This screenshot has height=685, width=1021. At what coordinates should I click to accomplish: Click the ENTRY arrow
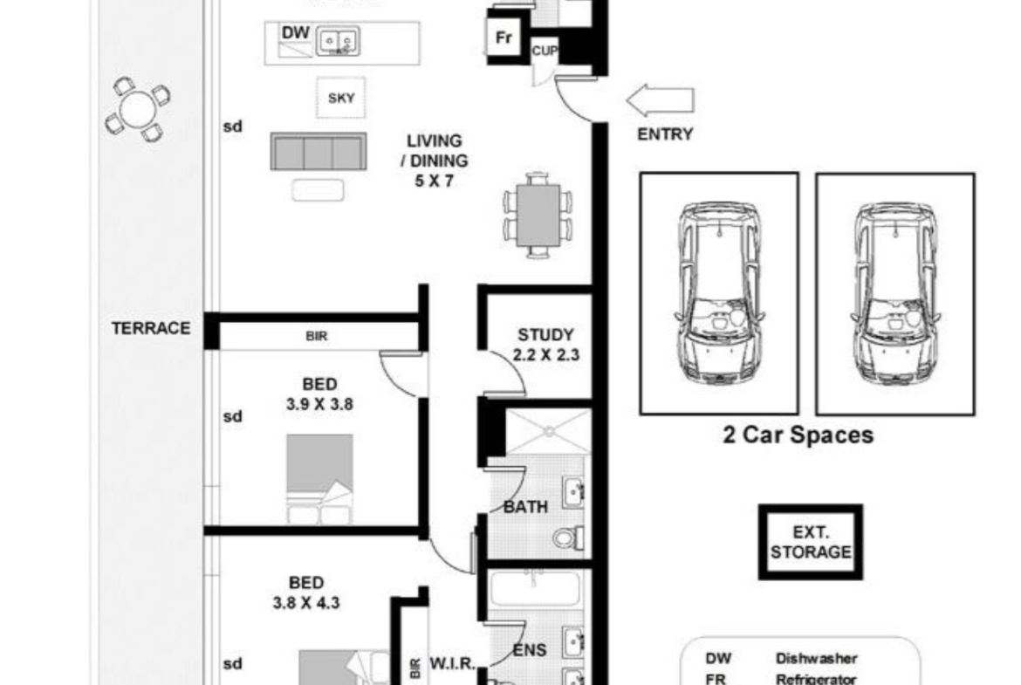point(660,100)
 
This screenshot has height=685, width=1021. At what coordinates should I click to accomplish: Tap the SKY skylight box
point(341,99)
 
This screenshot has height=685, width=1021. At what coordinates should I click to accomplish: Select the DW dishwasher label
point(295,32)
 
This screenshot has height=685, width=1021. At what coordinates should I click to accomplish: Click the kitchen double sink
point(338,42)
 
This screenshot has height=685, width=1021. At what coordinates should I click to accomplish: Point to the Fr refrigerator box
point(504,38)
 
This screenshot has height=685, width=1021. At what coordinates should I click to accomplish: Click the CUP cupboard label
point(545,50)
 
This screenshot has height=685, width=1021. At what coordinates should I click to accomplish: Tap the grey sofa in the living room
point(319,152)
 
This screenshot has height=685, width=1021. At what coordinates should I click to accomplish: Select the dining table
point(538,216)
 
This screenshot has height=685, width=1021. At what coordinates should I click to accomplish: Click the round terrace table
point(137,109)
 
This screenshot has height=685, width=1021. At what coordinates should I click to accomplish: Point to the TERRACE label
point(151,328)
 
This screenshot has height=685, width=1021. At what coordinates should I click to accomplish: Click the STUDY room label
point(545,335)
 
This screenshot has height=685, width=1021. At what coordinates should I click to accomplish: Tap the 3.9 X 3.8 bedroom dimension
point(319,404)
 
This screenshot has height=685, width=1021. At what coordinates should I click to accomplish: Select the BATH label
point(525,507)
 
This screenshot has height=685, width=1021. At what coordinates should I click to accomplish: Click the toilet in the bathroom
point(568,538)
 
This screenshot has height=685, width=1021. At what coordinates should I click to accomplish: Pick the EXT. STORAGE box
point(811,542)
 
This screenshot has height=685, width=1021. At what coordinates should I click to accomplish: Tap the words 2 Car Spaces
point(798,435)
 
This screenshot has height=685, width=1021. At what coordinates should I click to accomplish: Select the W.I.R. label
point(452,664)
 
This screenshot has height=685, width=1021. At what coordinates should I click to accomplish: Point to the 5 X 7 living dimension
point(434,181)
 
